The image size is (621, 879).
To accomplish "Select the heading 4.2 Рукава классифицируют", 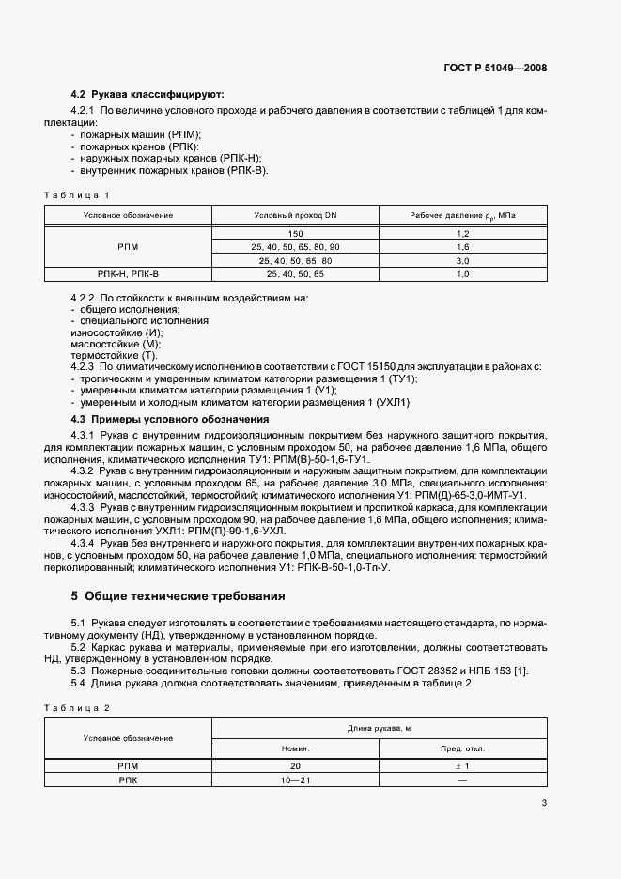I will click(x=147, y=95).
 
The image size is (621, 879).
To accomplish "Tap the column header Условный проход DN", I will click(x=295, y=215).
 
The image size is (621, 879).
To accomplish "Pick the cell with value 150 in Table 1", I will click(x=295, y=232).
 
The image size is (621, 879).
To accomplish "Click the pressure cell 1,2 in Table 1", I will click(x=462, y=232).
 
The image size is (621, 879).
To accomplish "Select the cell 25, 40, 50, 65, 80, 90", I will click(x=295, y=246).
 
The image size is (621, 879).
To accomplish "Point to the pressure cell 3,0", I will click(x=462, y=260).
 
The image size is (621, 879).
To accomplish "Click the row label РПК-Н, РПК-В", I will click(x=128, y=273).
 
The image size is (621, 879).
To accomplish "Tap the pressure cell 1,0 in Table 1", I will click(x=462, y=273).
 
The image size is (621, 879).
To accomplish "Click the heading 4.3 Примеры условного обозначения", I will click(x=170, y=419).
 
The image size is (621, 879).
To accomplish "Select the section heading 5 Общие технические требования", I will click(x=178, y=595).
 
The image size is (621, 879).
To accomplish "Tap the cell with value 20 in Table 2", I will click(x=295, y=766).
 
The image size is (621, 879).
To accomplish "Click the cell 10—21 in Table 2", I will click(x=295, y=780).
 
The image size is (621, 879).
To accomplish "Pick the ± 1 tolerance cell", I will click(x=462, y=766).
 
